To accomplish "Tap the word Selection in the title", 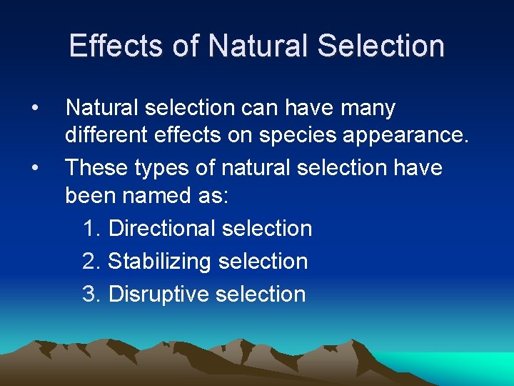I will click(x=381, y=46).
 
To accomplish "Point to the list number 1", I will click(x=90, y=229).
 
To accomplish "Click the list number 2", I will click(x=90, y=262).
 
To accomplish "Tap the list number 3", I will click(x=90, y=294).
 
